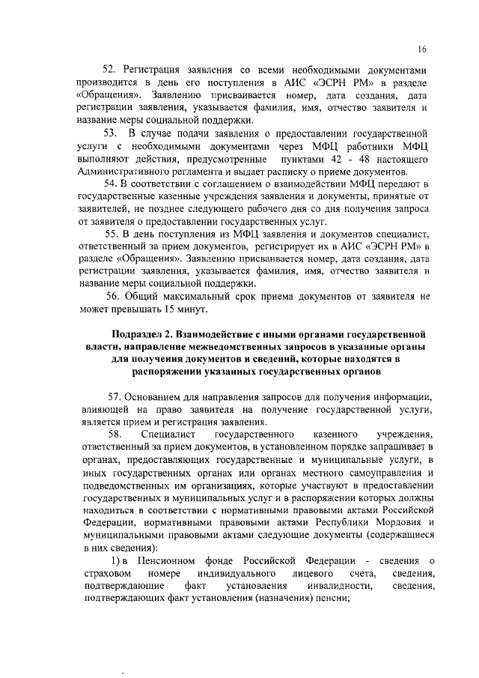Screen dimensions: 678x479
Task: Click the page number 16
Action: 422,49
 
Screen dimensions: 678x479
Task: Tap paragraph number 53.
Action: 112,133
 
